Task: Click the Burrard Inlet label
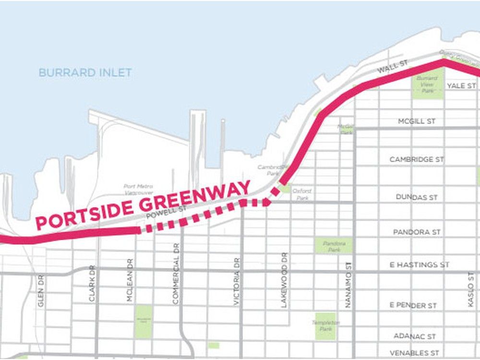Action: [85, 73]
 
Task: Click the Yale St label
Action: [461, 86]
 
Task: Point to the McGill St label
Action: [417, 121]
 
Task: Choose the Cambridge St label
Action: [417, 159]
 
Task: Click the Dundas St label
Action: [417, 197]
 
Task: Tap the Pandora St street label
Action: [417, 232]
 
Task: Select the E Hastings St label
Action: [420, 264]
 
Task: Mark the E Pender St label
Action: [413, 305]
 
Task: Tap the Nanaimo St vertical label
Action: [349, 284]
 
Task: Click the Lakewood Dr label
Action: [285, 280]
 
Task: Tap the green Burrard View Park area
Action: [427, 84]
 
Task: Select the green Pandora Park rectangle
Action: [333, 246]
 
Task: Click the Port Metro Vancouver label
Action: [138, 189]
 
